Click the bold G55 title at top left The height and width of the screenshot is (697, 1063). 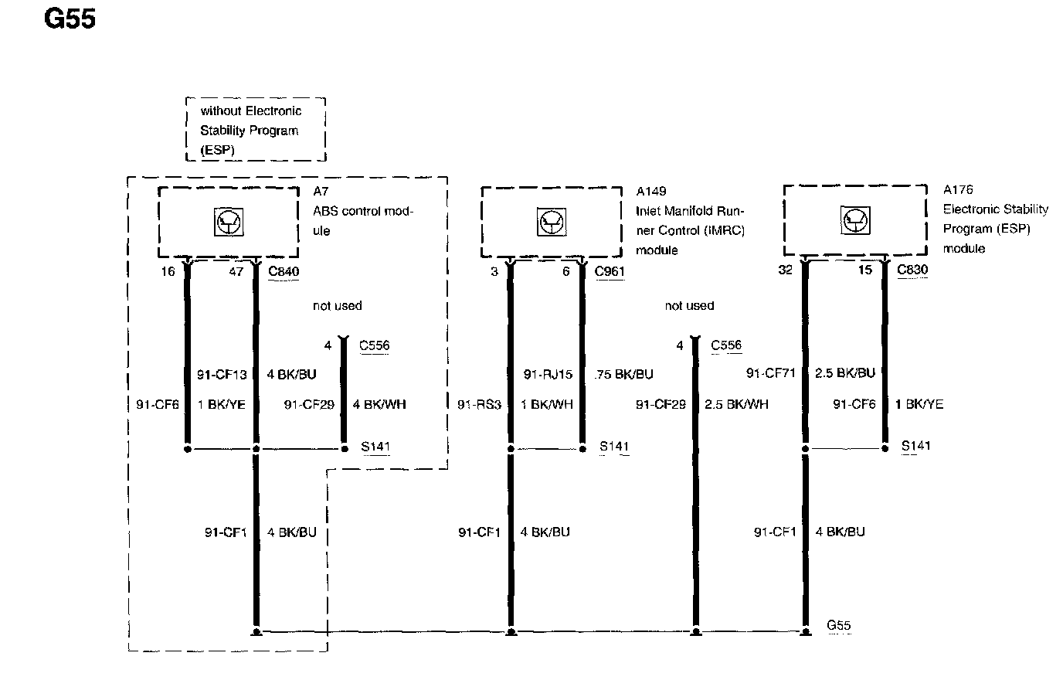point(70,19)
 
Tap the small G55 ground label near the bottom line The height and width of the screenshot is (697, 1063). point(839,625)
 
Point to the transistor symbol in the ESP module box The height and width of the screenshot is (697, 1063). point(854,221)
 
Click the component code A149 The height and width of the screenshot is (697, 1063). point(650,191)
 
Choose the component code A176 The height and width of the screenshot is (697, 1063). point(958,189)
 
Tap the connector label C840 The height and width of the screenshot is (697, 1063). point(284,271)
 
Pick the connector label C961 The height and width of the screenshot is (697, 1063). point(610,271)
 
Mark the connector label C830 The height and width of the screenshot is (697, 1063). point(912,270)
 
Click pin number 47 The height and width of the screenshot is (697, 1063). point(236,271)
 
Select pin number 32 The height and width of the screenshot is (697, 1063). point(785,270)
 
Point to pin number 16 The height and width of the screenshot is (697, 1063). point(168,271)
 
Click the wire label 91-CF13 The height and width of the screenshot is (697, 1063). point(222,375)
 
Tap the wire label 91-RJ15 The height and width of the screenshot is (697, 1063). point(548,375)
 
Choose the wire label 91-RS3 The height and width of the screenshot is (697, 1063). point(479,404)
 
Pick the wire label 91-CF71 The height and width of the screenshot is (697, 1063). point(770,373)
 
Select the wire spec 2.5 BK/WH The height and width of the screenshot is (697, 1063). point(736,404)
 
